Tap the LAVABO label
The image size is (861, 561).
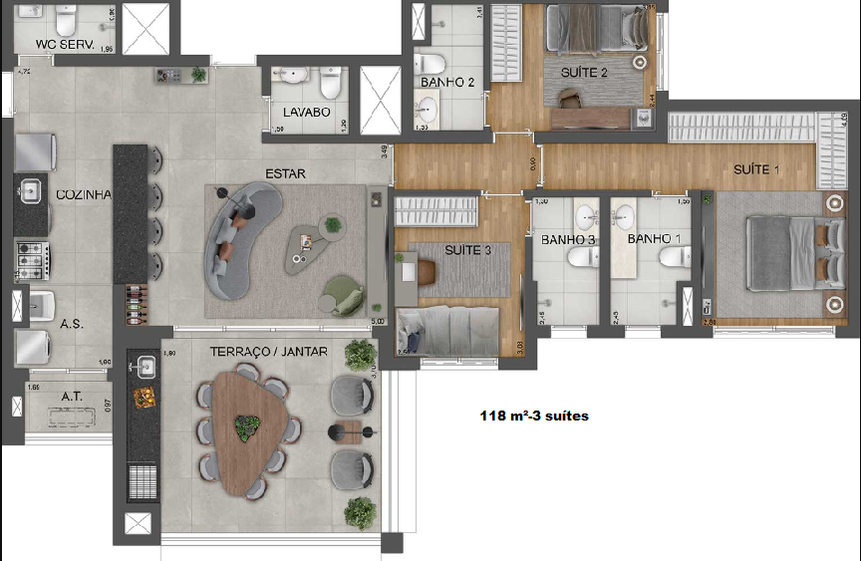(306, 113)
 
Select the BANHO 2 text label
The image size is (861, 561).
(447, 82)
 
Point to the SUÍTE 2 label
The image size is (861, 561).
(584, 73)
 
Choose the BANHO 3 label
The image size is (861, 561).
(568, 239)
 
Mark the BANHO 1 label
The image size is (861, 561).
(654, 239)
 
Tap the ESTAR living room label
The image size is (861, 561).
(285, 173)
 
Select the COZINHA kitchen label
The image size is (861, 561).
(83, 194)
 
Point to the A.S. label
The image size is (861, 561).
(71, 324)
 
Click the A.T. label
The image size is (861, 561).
(71, 396)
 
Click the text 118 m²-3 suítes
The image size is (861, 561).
(533, 416)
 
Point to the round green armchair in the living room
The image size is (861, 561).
(343, 293)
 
